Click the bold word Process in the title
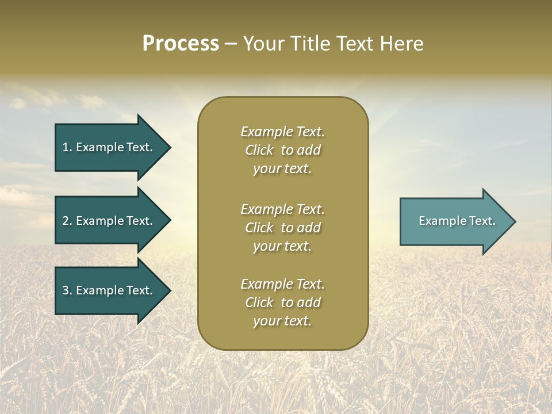(x=181, y=44)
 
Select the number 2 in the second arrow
(x=66, y=221)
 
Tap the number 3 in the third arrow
(x=66, y=290)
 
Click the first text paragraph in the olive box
(x=282, y=150)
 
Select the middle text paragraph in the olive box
(x=282, y=228)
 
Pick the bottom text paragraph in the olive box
(x=282, y=302)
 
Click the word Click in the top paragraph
(x=259, y=150)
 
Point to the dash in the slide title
(x=231, y=44)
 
